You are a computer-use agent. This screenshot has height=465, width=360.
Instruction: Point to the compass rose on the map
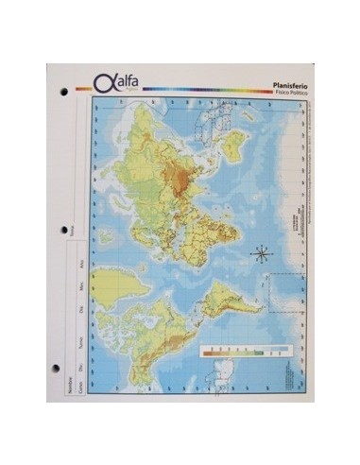pos(263,252)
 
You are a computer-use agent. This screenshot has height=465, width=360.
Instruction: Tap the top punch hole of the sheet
pos(63,94)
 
